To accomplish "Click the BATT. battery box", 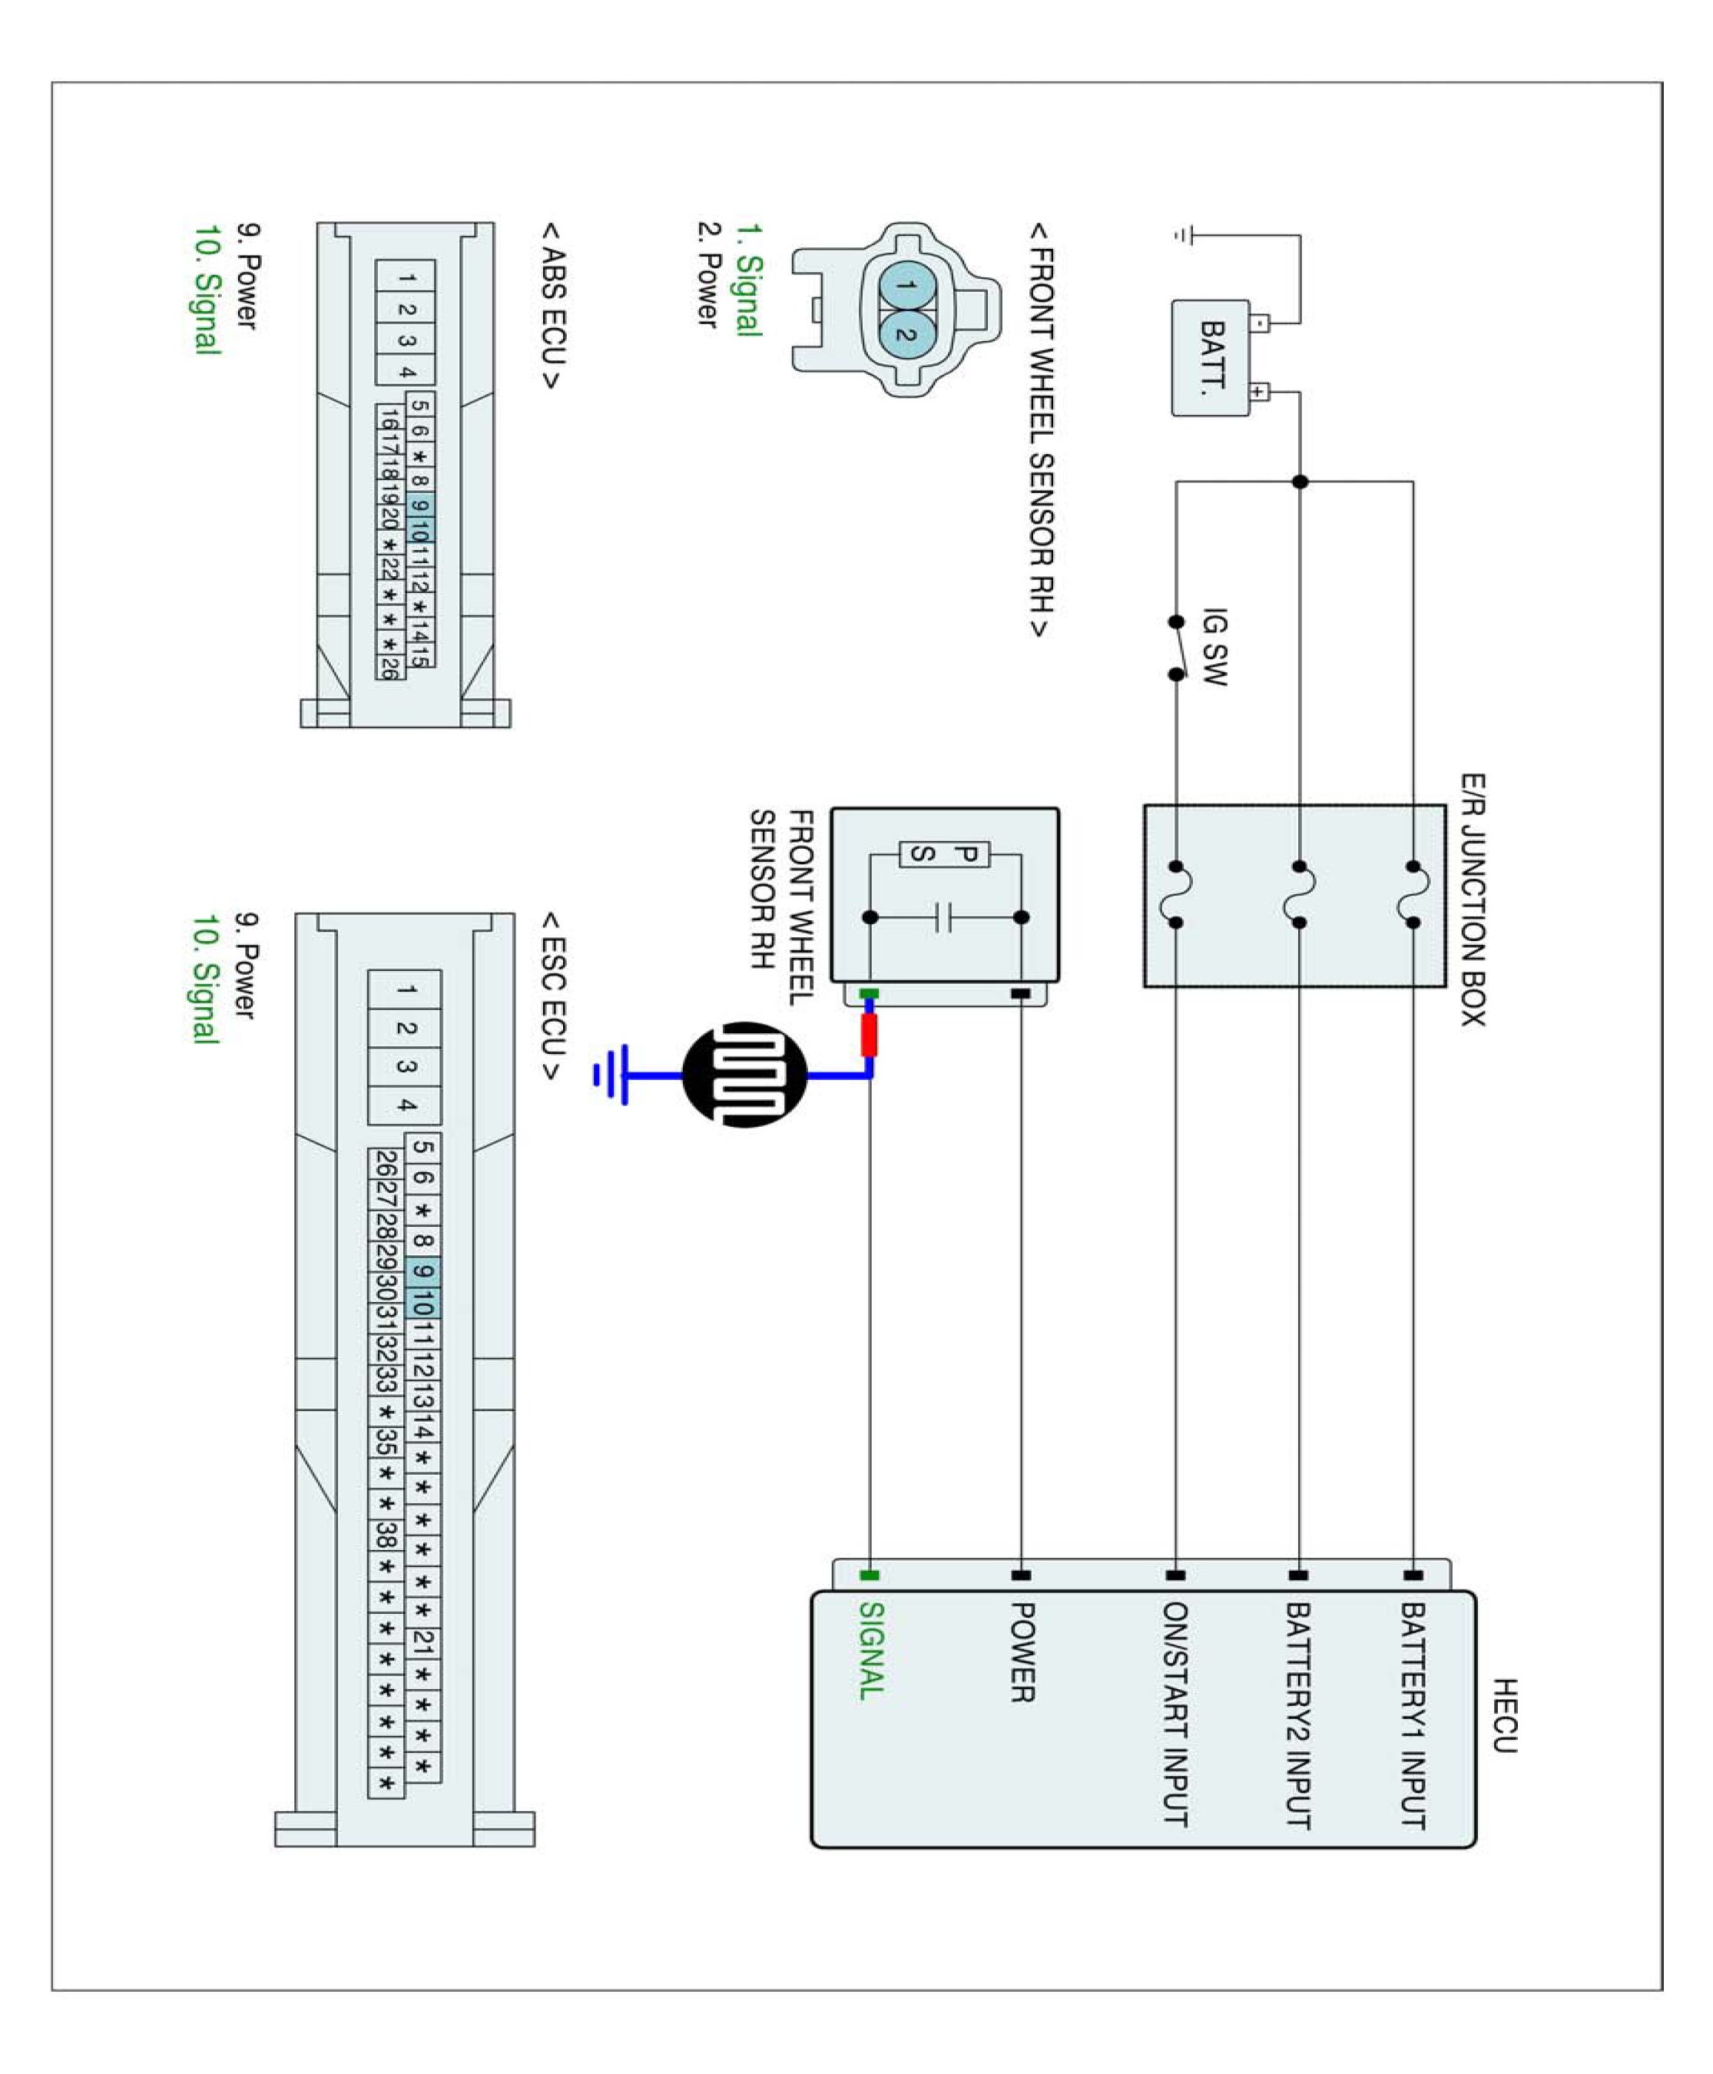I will point(1211,357).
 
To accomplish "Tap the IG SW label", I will point(1214,646).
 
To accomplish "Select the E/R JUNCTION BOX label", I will point(1473,900).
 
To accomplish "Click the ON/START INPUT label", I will point(1175,1713).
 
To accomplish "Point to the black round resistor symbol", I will point(745,1075).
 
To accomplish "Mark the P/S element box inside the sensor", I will point(943,854).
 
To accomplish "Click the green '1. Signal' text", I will point(750,280).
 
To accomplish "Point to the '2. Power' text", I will point(707,273).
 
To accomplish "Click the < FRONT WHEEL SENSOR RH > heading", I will point(1041,429).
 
